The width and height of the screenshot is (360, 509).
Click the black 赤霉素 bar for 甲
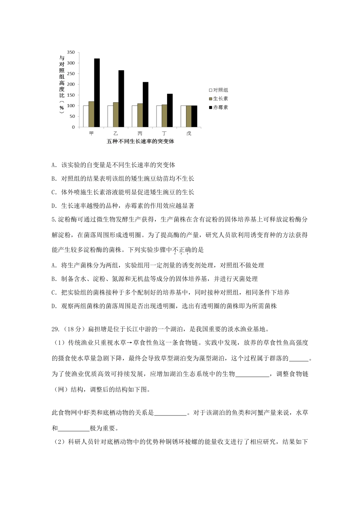97,93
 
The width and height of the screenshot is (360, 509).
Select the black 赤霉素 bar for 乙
121,98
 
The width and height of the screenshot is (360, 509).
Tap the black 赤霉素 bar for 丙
146,105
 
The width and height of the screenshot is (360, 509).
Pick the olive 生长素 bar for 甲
91,114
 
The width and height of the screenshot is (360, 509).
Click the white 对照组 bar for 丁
159,116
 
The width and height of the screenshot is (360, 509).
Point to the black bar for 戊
194,116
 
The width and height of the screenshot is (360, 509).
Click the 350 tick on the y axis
71,52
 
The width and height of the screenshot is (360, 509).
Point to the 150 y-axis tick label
71,95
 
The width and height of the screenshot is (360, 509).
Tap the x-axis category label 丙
140,133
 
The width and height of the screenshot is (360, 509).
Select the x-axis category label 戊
189,133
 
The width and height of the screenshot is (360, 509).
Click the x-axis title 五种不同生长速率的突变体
140,142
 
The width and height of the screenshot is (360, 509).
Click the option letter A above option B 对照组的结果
53,165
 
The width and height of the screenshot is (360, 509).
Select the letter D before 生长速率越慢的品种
53,206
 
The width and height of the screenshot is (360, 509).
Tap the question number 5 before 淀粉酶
53,220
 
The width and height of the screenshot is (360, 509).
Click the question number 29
55,329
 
